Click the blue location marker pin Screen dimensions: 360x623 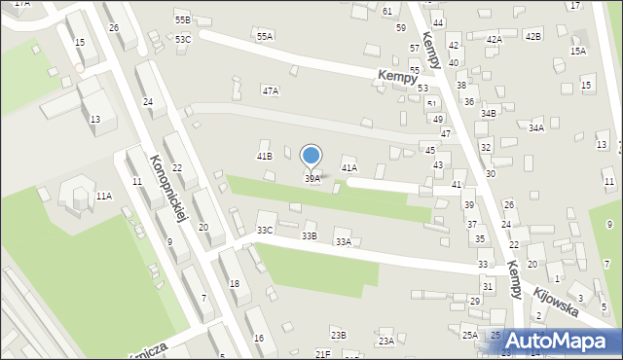(x=311, y=157)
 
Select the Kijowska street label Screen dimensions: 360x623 (x=555, y=300)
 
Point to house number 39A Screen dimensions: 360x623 (x=311, y=179)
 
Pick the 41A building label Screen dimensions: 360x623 (x=349, y=168)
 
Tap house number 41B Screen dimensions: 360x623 (x=264, y=156)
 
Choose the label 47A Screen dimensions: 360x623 (x=271, y=90)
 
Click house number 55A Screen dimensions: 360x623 (x=264, y=36)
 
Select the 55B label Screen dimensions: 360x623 (x=183, y=19)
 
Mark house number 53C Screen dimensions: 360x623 (x=183, y=39)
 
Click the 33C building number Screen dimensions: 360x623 (x=265, y=230)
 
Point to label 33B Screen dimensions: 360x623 (x=310, y=235)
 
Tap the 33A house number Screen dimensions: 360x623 (x=343, y=242)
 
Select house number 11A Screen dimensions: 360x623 (x=103, y=196)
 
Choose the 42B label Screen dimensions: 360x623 (x=532, y=36)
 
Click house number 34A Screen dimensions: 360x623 (x=536, y=127)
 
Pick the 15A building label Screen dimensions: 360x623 (x=578, y=51)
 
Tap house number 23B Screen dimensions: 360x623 (x=338, y=335)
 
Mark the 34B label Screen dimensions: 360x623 (x=488, y=114)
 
